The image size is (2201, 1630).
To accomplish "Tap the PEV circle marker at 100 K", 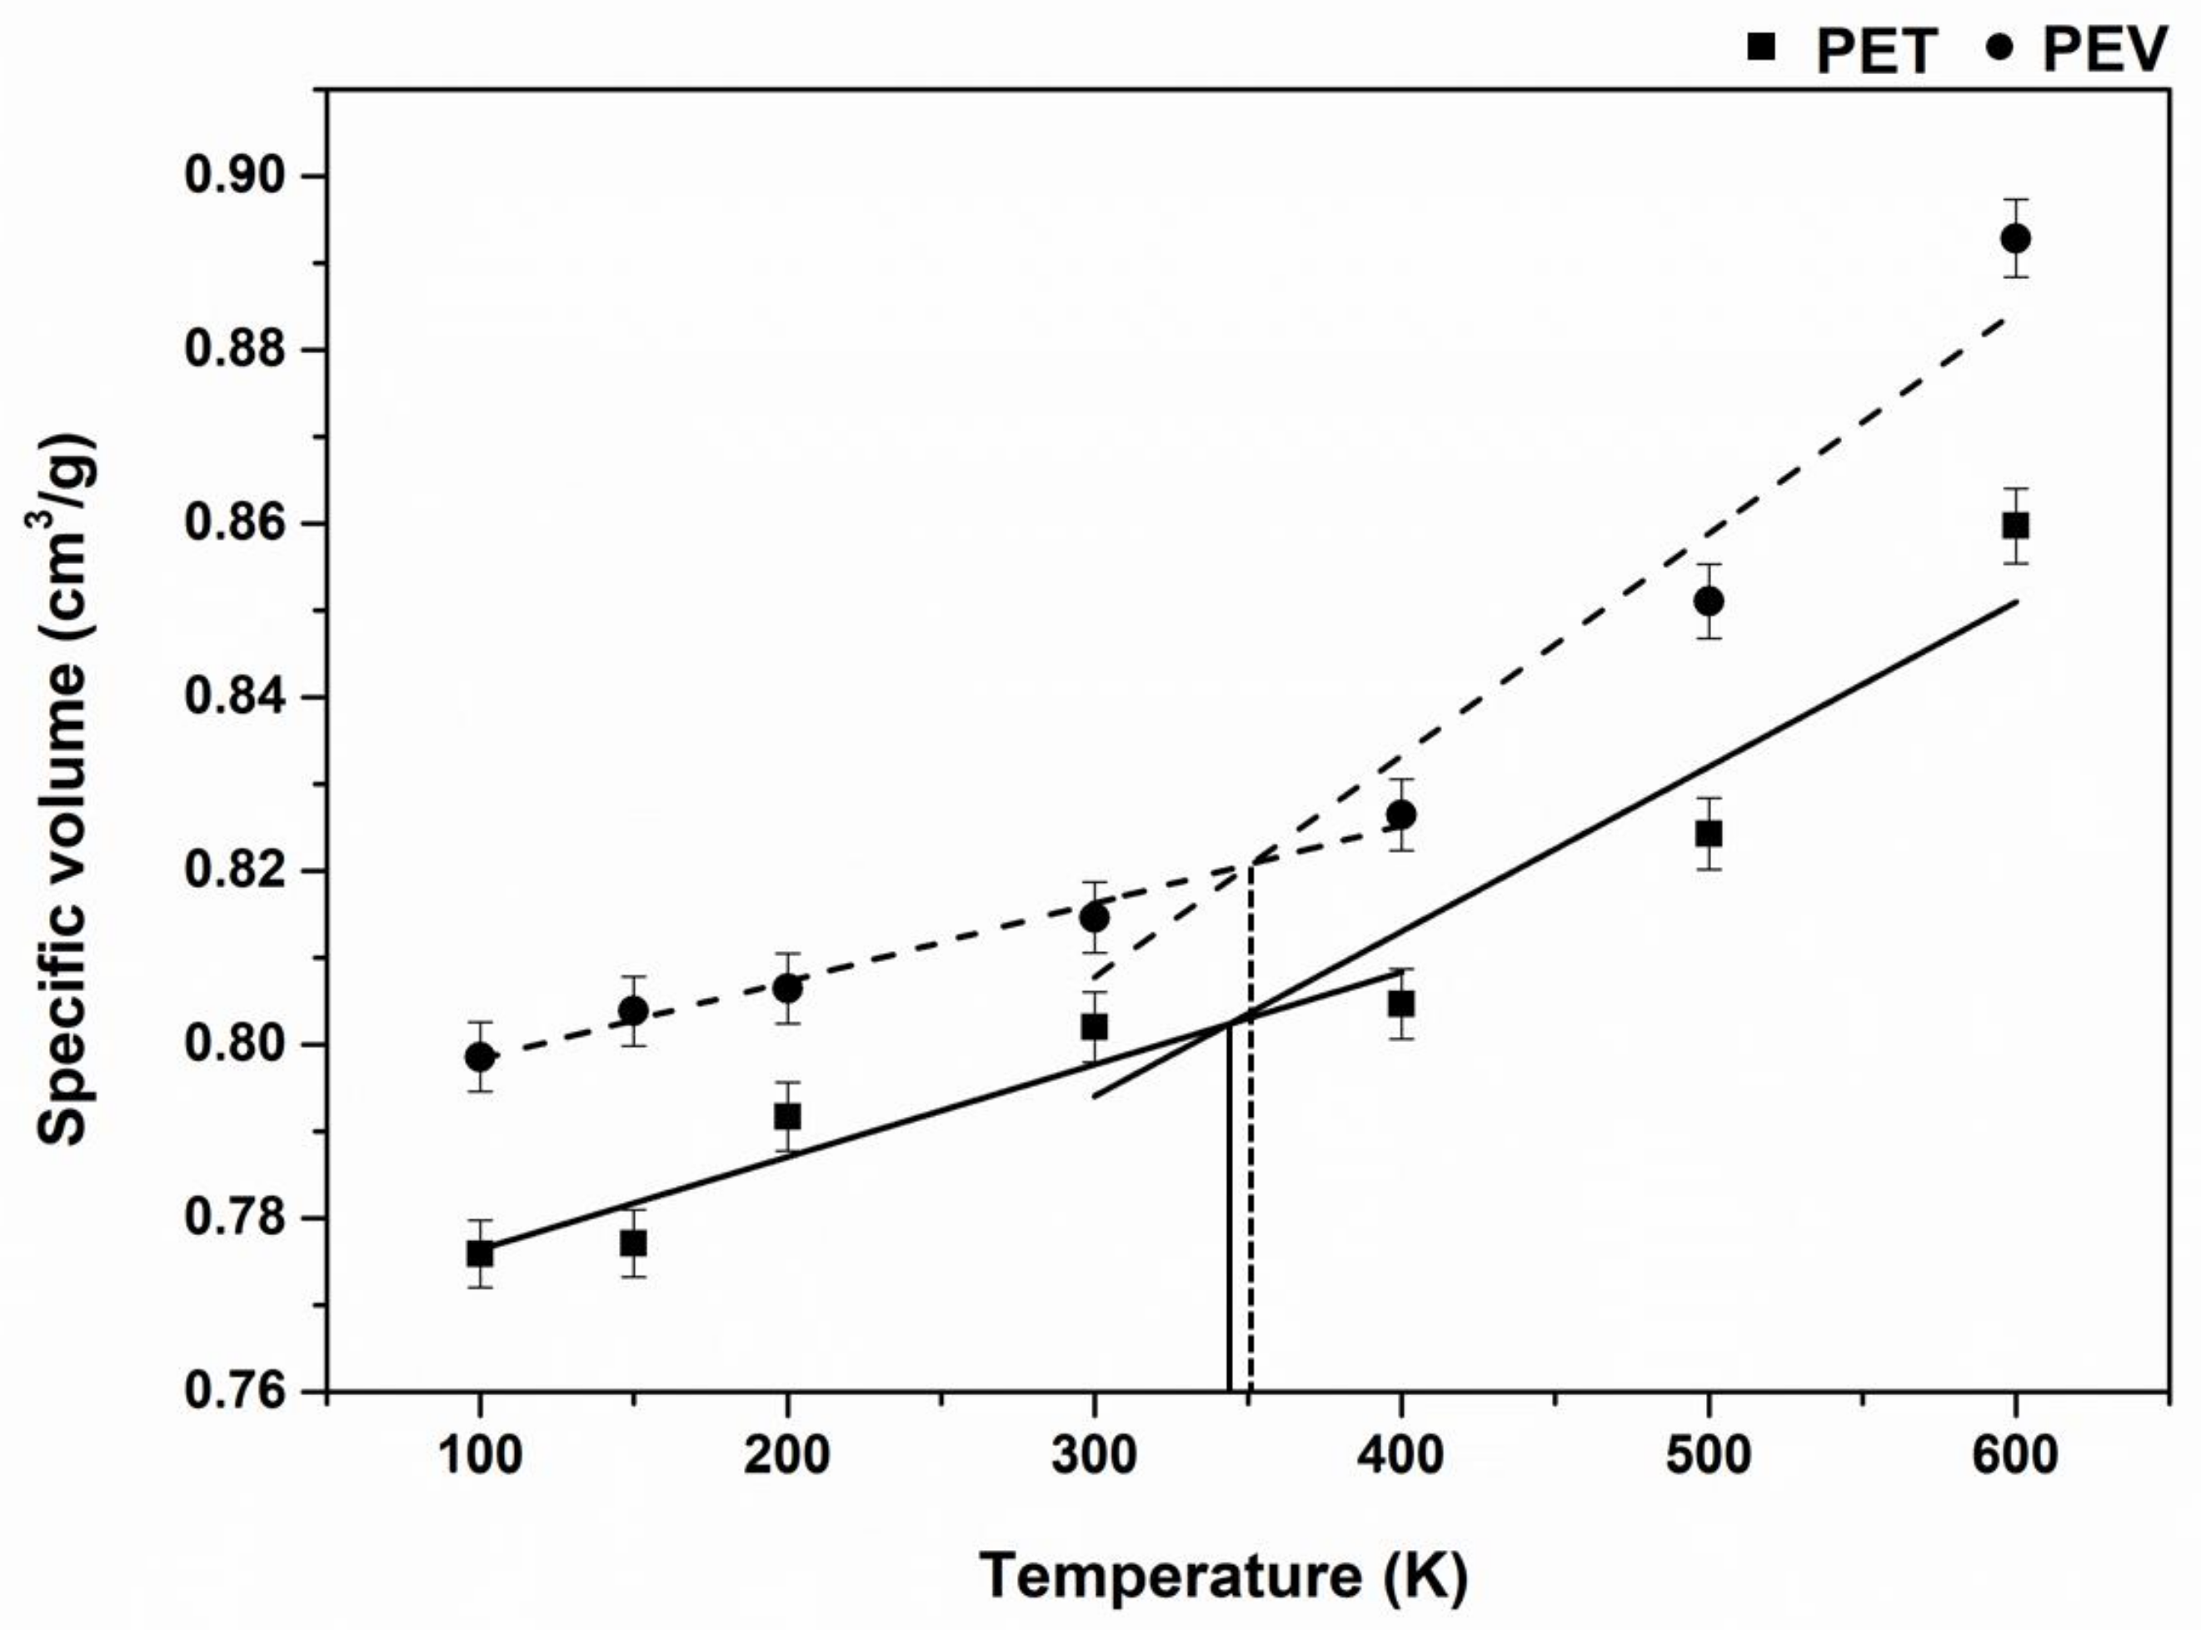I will click(480, 1057).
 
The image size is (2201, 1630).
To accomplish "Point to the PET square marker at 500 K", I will click(1709, 834).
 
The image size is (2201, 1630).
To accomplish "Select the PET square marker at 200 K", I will click(786, 1117).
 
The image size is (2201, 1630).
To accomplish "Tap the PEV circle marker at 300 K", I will click(1094, 918).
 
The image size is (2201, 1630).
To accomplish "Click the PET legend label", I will click(1875, 52).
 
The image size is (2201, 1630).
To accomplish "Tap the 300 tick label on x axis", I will click(1094, 1457).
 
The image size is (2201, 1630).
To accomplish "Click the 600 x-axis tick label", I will click(2014, 1457).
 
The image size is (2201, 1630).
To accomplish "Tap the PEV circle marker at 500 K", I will click(1709, 601).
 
